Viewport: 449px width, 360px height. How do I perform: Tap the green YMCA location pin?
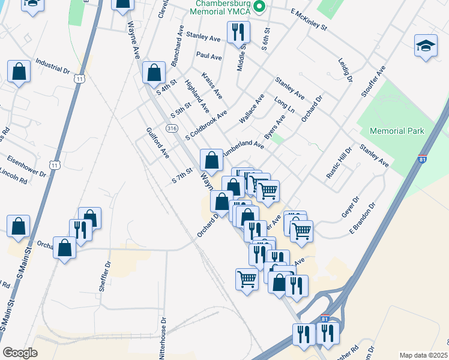pyautogui.click(x=259, y=7)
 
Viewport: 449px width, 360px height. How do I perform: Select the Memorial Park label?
pyautogui.click(x=397, y=131)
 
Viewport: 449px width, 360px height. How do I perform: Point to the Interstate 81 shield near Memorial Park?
pyautogui.click(x=423, y=160)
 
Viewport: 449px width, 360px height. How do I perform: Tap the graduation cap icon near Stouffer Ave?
pyautogui.click(x=426, y=46)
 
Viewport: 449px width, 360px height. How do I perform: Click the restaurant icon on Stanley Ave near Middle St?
pyautogui.click(x=238, y=32)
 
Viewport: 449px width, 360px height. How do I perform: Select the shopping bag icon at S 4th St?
pyautogui.click(x=154, y=73)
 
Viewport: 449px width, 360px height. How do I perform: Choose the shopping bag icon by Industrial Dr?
pyautogui.click(x=19, y=71)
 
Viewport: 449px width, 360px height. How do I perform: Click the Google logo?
pyautogui.click(x=20, y=353)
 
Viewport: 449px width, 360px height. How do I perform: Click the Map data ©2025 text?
pyautogui.click(x=423, y=355)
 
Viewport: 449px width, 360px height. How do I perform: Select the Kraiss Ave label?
pyautogui.click(x=212, y=86)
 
